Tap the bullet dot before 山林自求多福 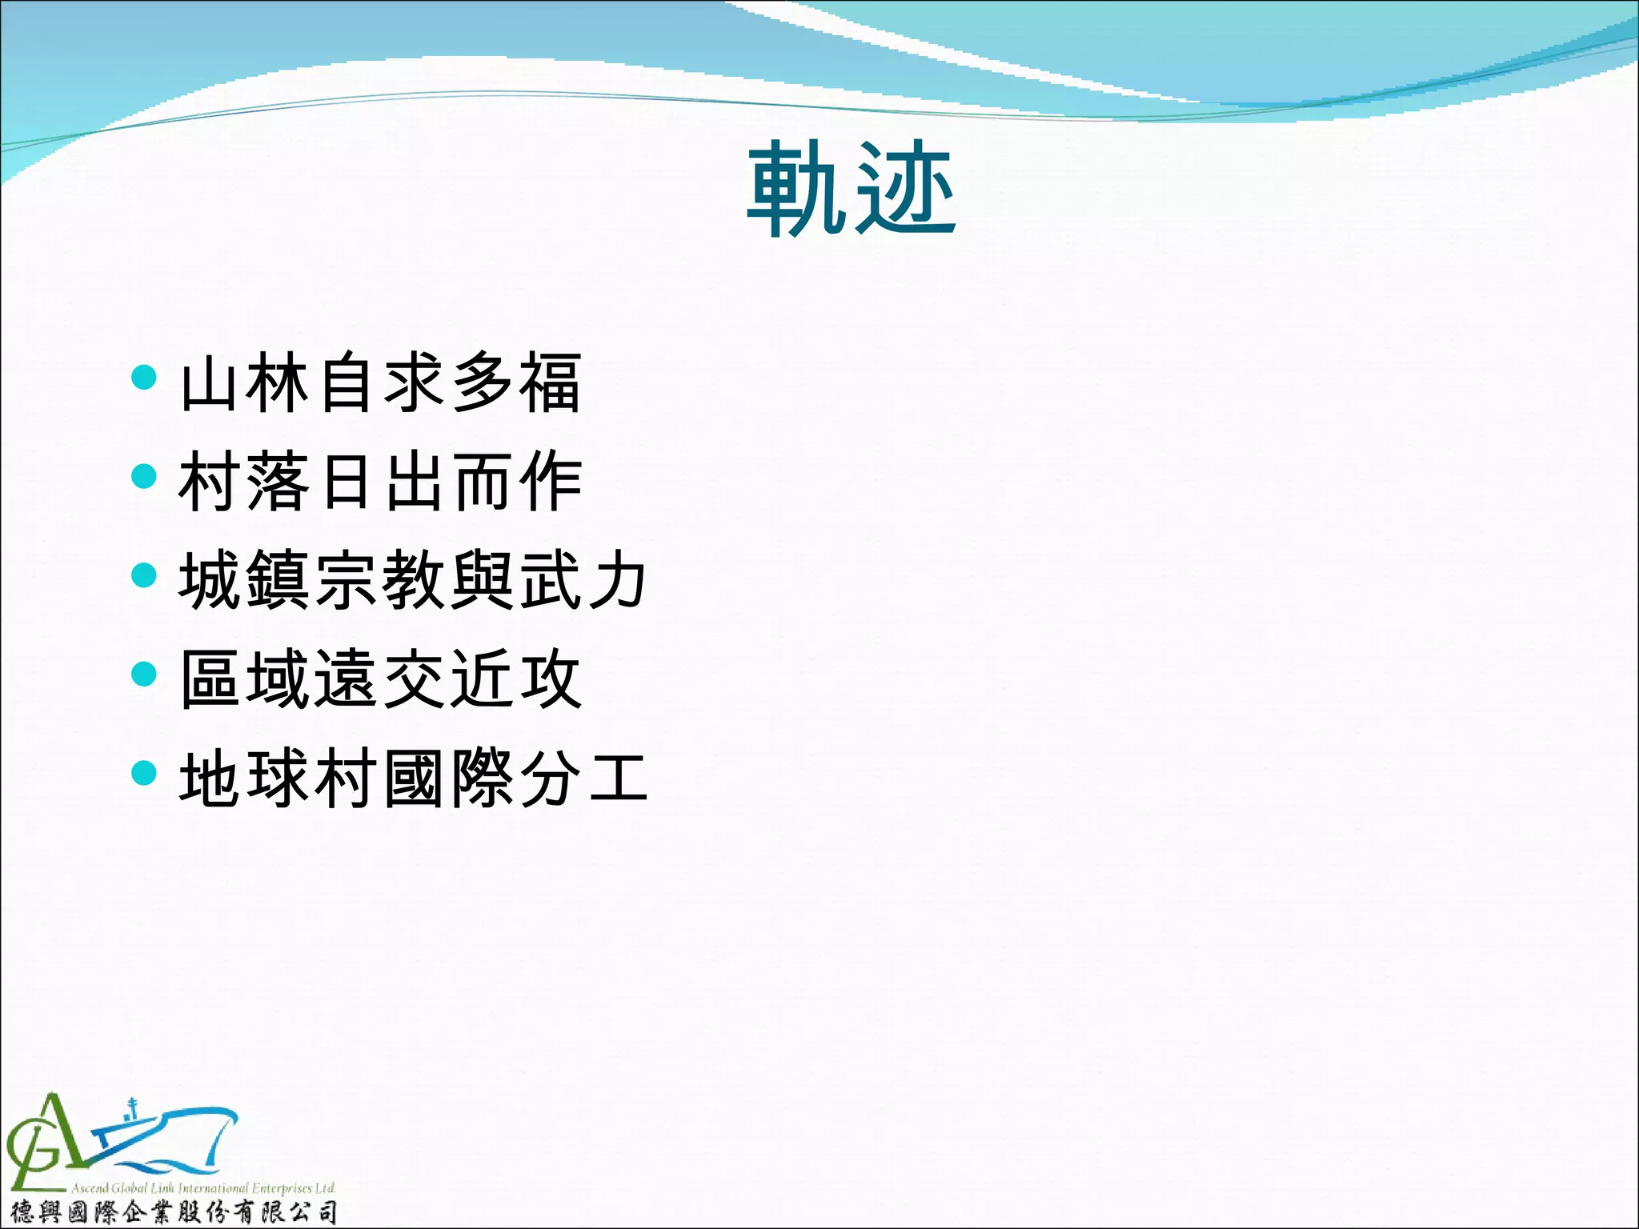(x=143, y=377)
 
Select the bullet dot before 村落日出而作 (x=143, y=476)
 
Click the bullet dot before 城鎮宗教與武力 (x=143, y=574)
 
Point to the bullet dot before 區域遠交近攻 (x=143, y=674)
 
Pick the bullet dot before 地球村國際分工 (x=143, y=773)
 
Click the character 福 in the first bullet (x=550, y=383)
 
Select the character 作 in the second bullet (x=550, y=482)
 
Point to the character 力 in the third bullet (x=617, y=580)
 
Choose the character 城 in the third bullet (x=210, y=580)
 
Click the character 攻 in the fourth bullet (x=550, y=679)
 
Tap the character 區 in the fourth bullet (x=210, y=679)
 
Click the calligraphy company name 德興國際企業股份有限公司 (x=172, y=1212)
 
